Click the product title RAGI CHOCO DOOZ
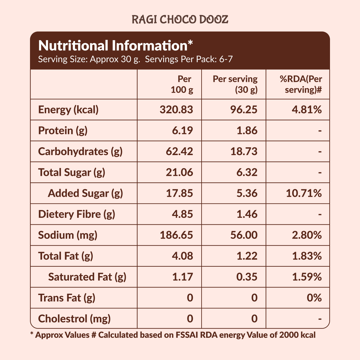tap(180, 19)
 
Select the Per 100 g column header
tap(182, 84)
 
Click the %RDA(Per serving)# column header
tap(301, 84)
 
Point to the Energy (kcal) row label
tap(68, 110)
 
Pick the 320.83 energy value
tap(176, 110)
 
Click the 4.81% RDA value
tap(307, 110)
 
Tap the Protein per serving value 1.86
tap(247, 131)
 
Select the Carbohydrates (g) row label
tap(80, 151)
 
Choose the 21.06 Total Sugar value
tap(179, 172)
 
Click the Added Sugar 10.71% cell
tap(304, 193)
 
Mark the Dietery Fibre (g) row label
tap(77, 214)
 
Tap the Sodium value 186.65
tap(176, 235)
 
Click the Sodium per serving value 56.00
tap(244, 235)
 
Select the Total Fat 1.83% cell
tap(307, 256)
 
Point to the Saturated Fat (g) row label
tap(87, 277)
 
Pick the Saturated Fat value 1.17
tap(182, 277)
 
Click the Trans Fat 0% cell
tap(314, 298)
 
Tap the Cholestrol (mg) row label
tap(74, 319)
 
